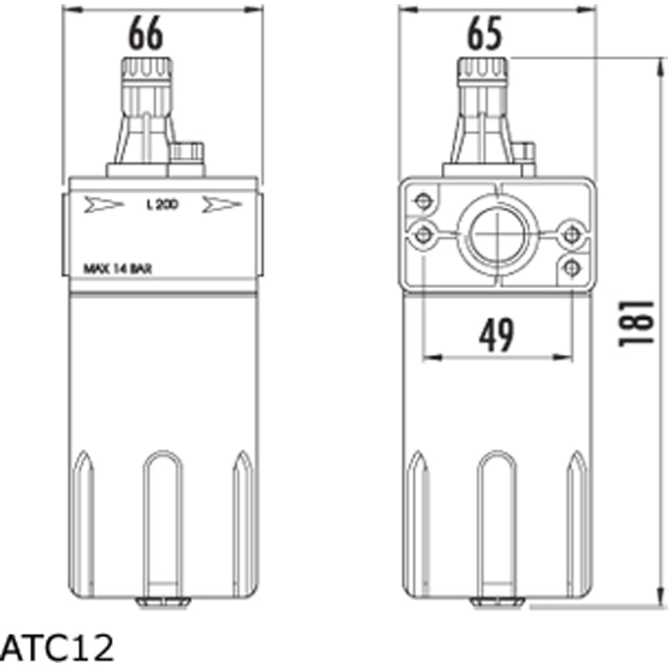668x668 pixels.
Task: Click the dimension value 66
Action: [146, 34]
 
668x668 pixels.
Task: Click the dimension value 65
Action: [483, 34]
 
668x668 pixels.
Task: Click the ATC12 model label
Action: [57, 646]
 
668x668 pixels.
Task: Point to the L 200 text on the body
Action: [161, 205]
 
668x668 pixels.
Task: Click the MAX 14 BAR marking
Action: [118, 269]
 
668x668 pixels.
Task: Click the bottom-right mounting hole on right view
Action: [571, 266]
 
